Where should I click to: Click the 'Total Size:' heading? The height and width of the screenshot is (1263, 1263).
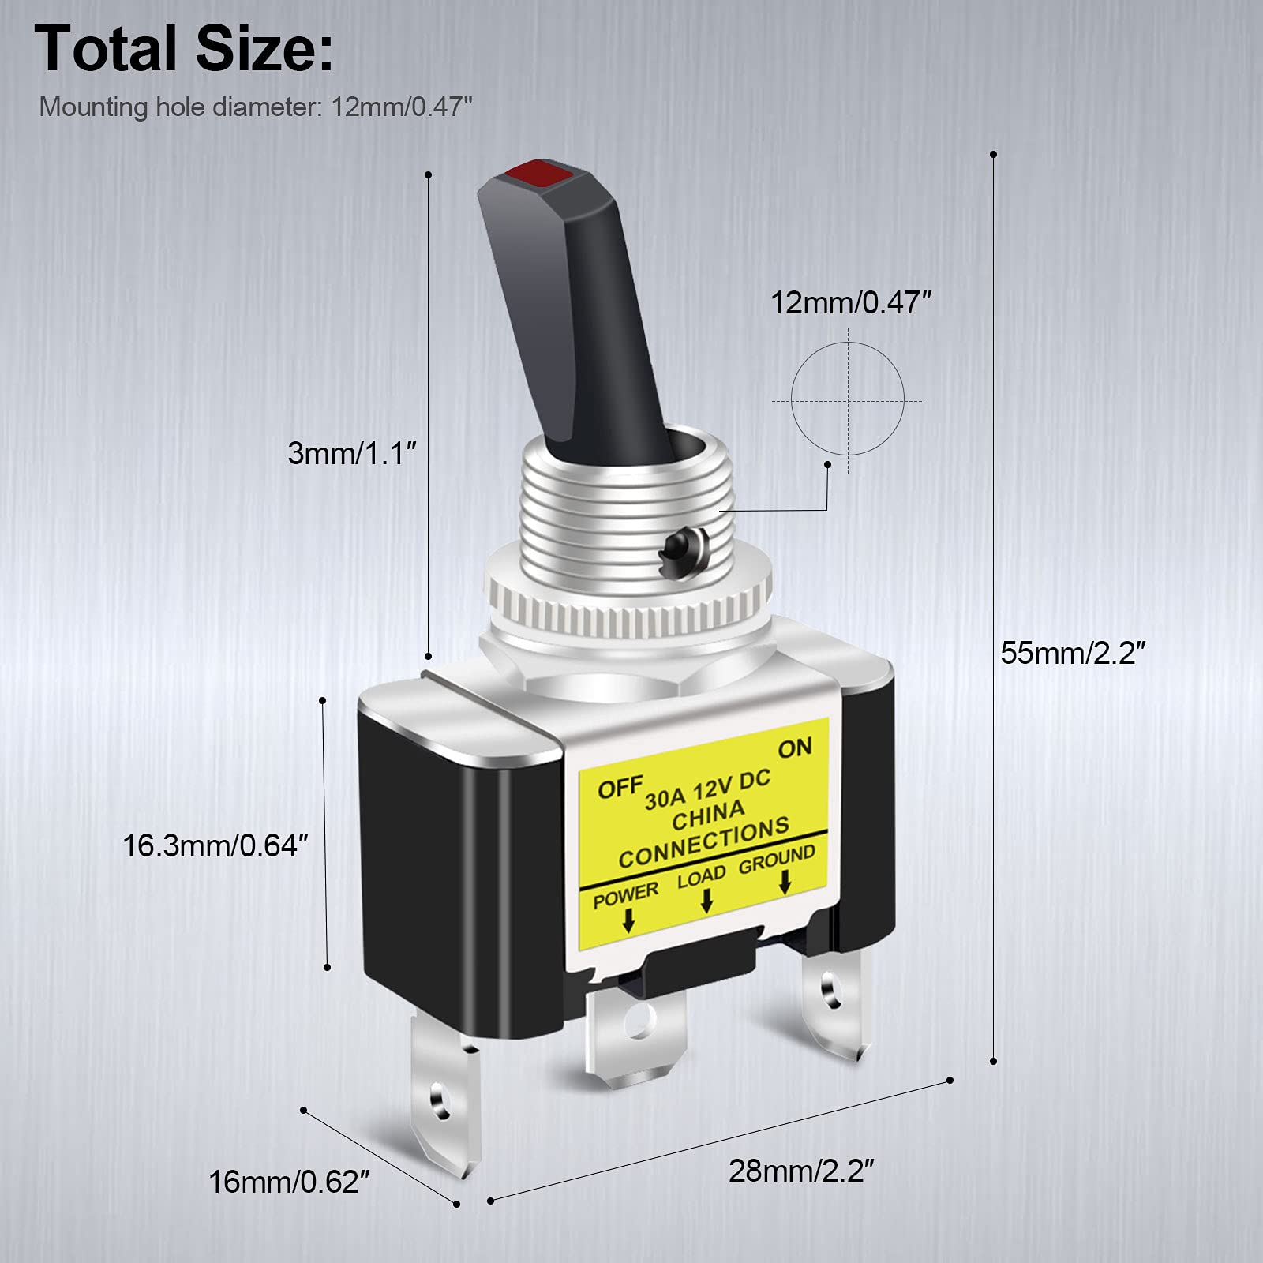184,50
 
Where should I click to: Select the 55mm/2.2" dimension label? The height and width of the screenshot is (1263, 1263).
1073,653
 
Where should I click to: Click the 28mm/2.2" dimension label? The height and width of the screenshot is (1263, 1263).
801,1171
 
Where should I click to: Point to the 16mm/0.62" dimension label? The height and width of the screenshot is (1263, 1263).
289,1182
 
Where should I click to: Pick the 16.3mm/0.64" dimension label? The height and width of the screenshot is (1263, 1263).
215,845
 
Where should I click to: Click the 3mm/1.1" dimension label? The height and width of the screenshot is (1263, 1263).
351,453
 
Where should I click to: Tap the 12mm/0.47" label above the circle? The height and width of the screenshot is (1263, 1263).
851,303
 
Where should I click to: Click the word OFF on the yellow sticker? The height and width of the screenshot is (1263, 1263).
620,787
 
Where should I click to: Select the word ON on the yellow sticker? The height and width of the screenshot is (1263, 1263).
794,748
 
